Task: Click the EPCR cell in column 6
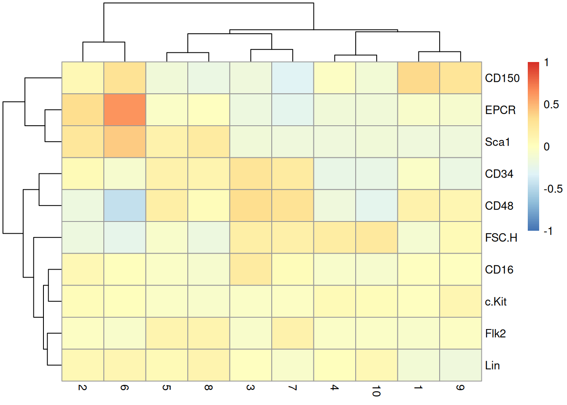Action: [125, 110]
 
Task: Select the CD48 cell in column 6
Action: [125, 205]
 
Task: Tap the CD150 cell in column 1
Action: [418, 78]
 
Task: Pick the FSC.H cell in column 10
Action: [377, 238]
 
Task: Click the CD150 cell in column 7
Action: [293, 78]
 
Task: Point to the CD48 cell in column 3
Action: [251, 205]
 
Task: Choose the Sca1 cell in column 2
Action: [83, 142]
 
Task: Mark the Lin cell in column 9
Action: [460, 365]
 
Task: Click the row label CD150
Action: [502, 78]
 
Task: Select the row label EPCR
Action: [500, 110]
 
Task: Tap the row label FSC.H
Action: [501, 238]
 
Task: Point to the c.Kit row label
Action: [496, 302]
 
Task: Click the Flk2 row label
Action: [495, 334]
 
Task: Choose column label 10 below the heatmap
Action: [376, 391]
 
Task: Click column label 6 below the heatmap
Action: [124, 387]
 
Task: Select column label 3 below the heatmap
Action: [251, 387]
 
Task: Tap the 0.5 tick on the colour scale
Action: [551, 105]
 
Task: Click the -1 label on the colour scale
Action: [548, 231]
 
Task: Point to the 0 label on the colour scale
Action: [547, 147]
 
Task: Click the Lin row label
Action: [492, 365]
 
